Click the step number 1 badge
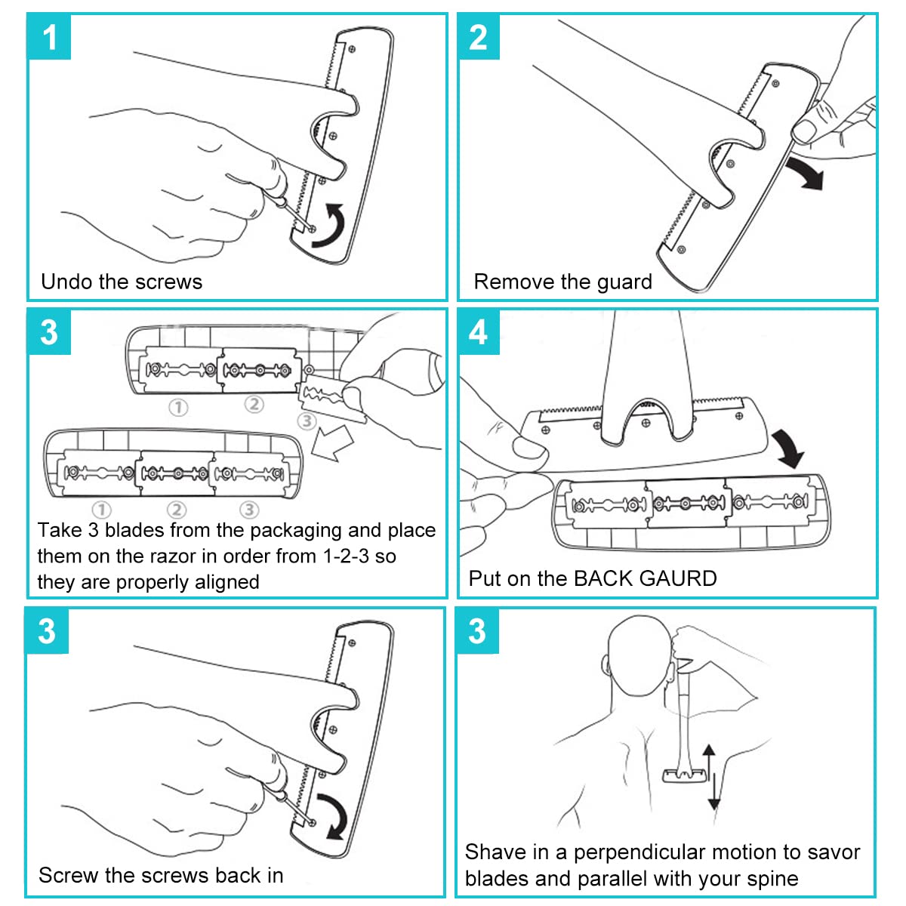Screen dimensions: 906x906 (x=49, y=37)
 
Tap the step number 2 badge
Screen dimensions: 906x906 (x=479, y=37)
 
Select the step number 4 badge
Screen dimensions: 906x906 (x=479, y=332)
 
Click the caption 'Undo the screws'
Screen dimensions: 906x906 (x=122, y=282)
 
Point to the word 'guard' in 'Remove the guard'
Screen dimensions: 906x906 (x=624, y=282)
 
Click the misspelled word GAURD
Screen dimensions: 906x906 (x=677, y=578)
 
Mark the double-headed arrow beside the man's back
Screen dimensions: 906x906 (x=710, y=775)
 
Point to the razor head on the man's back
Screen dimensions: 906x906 (x=684, y=775)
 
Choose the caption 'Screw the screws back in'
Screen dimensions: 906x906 (x=161, y=875)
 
